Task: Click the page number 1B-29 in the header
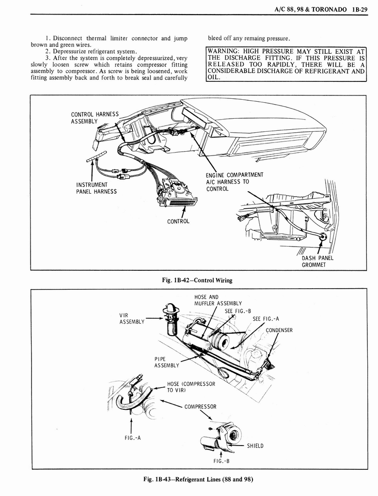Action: (x=360, y=8)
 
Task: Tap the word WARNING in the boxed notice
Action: (x=225, y=51)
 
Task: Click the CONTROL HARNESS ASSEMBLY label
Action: (x=94, y=117)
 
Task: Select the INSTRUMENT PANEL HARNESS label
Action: (x=96, y=188)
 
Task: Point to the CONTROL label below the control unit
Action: (x=178, y=221)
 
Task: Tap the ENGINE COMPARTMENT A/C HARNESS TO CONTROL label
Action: (x=235, y=182)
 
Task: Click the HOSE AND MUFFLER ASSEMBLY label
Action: (x=218, y=300)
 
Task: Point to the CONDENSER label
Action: (x=279, y=330)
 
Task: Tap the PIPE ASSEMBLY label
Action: (x=166, y=361)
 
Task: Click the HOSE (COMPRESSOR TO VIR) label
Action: (x=190, y=387)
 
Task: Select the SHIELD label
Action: (x=255, y=446)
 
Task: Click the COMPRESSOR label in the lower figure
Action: (x=200, y=407)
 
